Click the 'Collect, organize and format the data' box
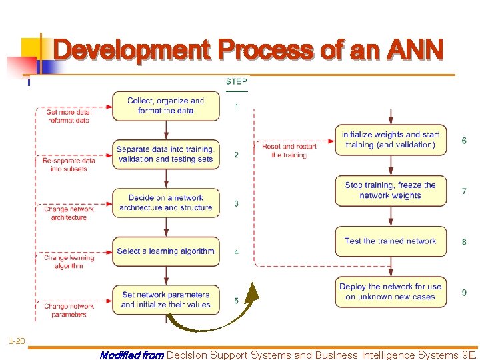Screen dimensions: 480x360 (x=165, y=106)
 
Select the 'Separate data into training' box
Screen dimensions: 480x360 (x=165, y=154)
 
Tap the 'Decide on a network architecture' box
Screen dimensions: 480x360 (x=165, y=203)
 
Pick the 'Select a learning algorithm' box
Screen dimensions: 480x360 (x=165, y=251)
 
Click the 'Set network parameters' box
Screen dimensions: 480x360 (x=165, y=300)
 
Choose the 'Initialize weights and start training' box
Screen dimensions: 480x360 (x=391, y=140)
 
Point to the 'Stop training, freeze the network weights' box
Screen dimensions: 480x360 (x=391, y=191)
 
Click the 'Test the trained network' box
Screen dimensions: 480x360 (x=391, y=241)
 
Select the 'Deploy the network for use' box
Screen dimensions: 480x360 (x=391, y=292)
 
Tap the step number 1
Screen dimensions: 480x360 (x=236, y=107)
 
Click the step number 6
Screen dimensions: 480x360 (x=464, y=141)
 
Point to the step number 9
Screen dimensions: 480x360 (x=464, y=293)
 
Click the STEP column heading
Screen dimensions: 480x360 (x=236, y=82)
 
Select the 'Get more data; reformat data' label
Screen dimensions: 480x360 (x=68, y=116)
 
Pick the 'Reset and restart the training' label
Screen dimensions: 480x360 (x=289, y=151)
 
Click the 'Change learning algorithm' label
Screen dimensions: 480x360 (x=69, y=261)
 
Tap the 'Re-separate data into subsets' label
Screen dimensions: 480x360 (x=69, y=165)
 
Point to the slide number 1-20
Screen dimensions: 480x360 (x=17, y=341)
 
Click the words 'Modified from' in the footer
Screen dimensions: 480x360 (x=131, y=355)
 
